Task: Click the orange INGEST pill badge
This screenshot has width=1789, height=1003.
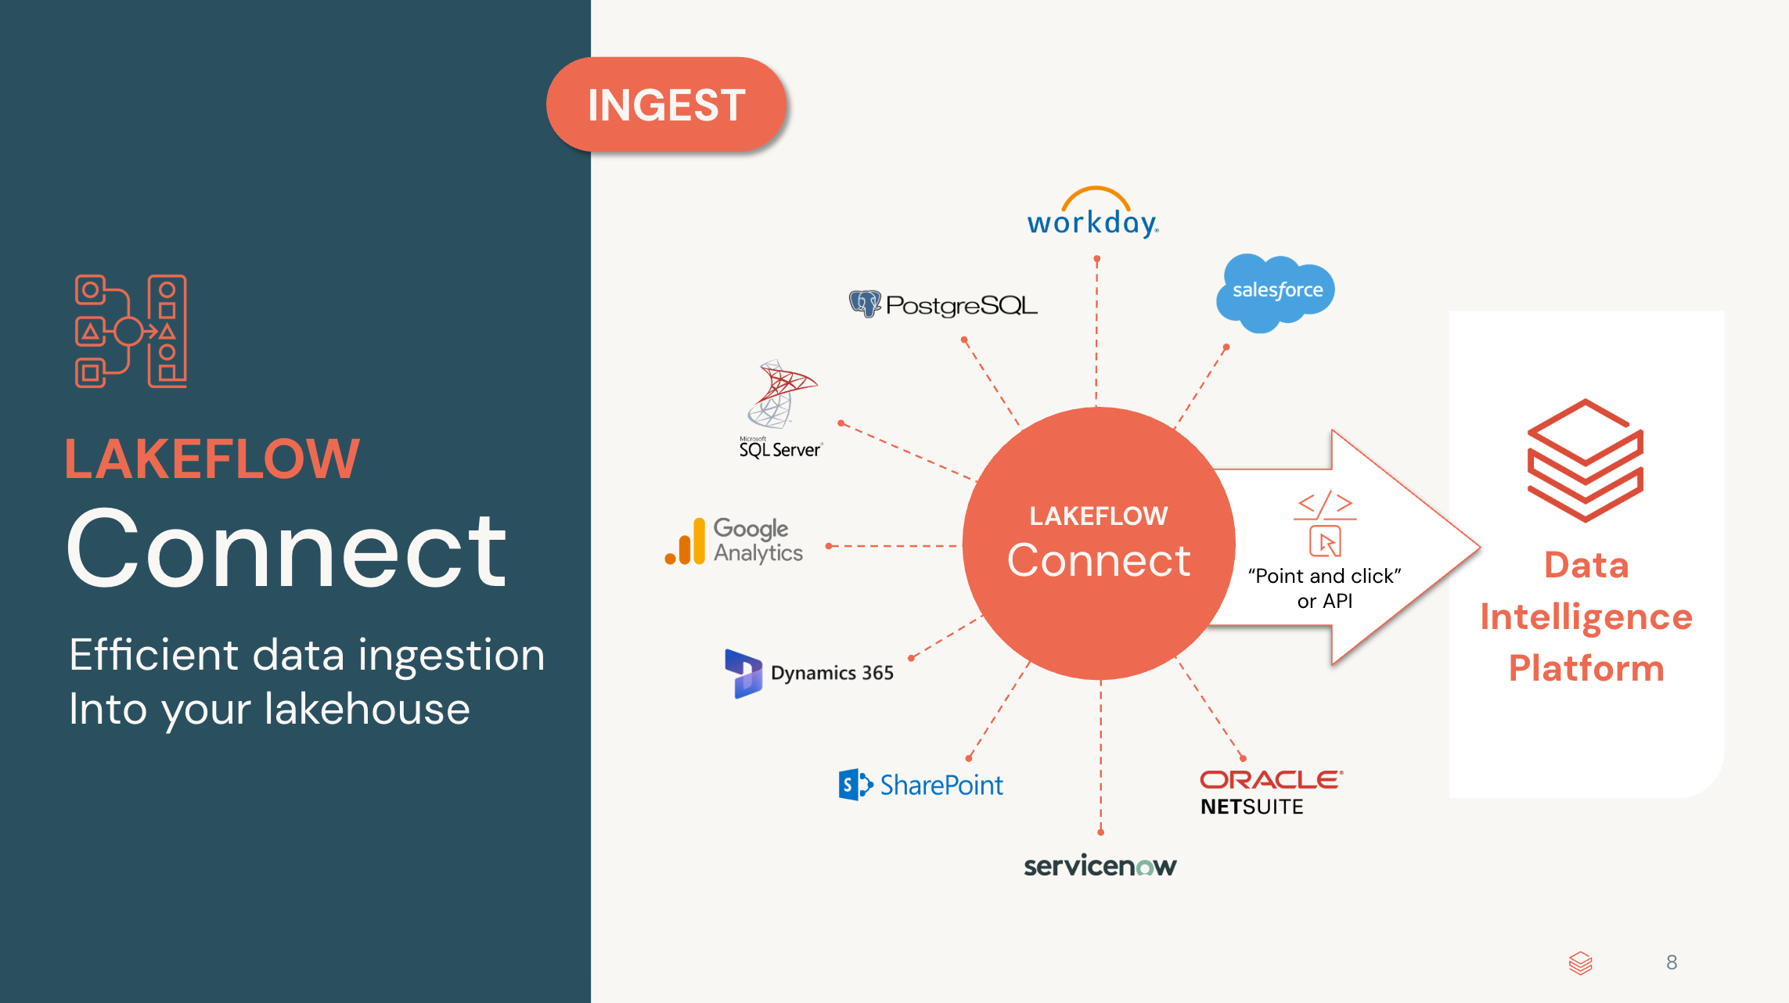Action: (666, 105)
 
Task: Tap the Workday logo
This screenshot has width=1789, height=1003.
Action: (1092, 216)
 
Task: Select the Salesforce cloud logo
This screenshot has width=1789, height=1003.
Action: (1276, 292)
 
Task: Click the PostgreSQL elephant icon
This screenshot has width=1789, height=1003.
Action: (865, 304)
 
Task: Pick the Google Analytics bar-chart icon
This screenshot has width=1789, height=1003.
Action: (685, 541)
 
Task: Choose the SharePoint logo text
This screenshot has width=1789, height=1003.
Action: (941, 785)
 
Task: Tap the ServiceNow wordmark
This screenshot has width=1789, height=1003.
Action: (1100, 866)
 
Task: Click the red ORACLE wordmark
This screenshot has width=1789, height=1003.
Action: (1271, 780)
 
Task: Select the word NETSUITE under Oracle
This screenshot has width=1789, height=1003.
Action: (1252, 807)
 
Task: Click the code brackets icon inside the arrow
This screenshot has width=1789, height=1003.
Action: (1324, 505)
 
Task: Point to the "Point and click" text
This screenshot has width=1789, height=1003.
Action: (1324, 577)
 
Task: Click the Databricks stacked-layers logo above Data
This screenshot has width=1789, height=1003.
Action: (1586, 461)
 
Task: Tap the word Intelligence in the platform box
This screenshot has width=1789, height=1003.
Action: (1586, 617)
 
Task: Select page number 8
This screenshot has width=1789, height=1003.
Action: (1672, 962)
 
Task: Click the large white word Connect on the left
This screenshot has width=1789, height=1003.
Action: (287, 548)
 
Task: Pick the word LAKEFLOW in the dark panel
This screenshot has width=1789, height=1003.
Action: (212, 459)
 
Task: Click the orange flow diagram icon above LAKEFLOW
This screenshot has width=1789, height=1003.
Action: (131, 331)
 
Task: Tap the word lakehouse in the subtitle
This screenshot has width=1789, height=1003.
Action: (367, 710)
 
